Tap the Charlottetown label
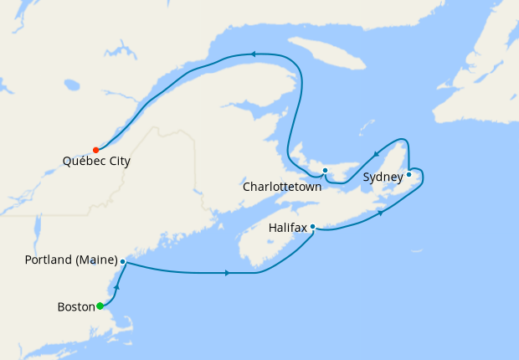tap(282, 187)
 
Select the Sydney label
tap(381, 177)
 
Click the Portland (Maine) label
tap(71, 261)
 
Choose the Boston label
tap(75, 306)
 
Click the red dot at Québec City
tap(96, 150)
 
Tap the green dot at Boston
tap(100, 306)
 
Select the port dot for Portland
tap(123, 262)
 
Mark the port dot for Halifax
tap(312, 226)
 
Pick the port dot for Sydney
tap(409, 174)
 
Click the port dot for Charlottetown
tap(325, 170)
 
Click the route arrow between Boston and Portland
tap(116, 288)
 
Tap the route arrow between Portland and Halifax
tap(228, 273)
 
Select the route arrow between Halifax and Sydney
tap(382, 213)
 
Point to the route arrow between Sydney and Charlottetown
tap(375, 153)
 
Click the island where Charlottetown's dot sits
tap(335, 173)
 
